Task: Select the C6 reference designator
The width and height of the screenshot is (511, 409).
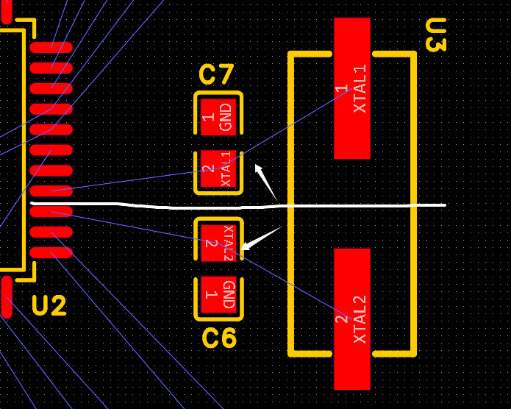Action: coord(219,338)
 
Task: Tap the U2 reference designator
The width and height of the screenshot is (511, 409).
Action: coord(49,305)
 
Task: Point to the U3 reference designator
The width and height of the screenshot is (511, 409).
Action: coord(435,35)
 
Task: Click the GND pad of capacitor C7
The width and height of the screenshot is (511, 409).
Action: coord(218,116)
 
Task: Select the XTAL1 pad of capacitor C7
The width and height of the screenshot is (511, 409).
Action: coord(218,171)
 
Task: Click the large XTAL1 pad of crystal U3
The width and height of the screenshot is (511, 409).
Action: coord(351,88)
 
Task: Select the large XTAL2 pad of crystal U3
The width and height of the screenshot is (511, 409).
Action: coord(351,319)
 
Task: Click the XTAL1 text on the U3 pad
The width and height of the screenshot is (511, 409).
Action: coord(360,89)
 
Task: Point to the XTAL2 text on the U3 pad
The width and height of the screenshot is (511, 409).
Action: coord(360,319)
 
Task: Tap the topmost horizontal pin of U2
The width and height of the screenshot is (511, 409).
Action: coord(51,48)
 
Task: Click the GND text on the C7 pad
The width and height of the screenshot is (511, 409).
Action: coord(226,116)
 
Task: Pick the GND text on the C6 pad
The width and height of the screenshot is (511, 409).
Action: coord(227,295)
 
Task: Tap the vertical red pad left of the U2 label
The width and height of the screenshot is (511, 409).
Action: coord(7,296)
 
